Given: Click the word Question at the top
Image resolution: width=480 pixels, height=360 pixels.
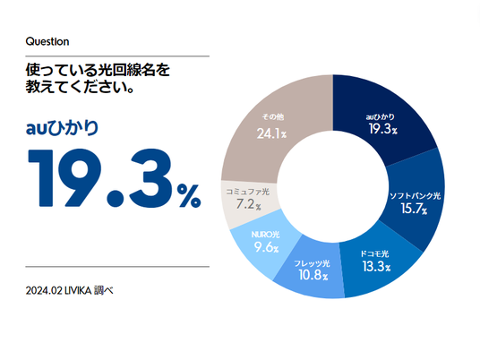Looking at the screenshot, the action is (x=47, y=41).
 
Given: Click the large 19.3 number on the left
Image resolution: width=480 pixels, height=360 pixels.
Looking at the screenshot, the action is (x=99, y=177).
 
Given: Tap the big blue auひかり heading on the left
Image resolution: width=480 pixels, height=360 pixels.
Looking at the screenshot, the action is (x=62, y=128).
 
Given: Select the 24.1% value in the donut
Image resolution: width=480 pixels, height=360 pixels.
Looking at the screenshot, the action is (x=271, y=133).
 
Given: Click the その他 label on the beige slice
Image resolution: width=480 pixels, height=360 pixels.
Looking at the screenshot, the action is (x=273, y=116).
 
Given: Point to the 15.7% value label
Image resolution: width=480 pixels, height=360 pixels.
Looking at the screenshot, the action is (x=415, y=209).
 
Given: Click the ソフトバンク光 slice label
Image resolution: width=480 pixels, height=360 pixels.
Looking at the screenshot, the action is (x=416, y=195).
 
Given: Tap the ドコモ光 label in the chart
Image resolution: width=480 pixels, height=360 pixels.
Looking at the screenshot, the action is (x=374, y=253).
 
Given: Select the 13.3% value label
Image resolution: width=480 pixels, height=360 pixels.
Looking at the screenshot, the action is (x=376, y=266).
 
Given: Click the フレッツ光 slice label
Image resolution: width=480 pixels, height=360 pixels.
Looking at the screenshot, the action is (x=312, y=263).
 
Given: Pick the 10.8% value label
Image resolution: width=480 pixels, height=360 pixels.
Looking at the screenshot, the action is (x=313, y=275).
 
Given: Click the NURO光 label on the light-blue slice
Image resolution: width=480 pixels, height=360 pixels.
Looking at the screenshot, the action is (x=265, y=235).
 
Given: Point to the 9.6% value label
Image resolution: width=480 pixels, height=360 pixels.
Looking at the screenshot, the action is (x=266, y=247).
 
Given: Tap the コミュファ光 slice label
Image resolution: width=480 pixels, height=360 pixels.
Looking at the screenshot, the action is (x=248, y=192).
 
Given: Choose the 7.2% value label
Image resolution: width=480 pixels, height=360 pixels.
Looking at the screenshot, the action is (x=249, y=204).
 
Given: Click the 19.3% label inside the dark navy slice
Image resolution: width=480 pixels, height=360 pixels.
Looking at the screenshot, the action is (x=383, y=129).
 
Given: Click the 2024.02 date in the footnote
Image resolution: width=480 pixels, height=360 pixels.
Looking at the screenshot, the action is (x=44, y=290).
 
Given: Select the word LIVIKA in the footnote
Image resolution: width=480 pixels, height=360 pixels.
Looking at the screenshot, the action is (x=78, y=290).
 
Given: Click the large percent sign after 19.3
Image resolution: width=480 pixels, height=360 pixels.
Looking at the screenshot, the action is (x=189, y=195).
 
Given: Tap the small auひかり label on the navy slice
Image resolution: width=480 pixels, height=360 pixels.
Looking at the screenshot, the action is (x=381, y=116).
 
